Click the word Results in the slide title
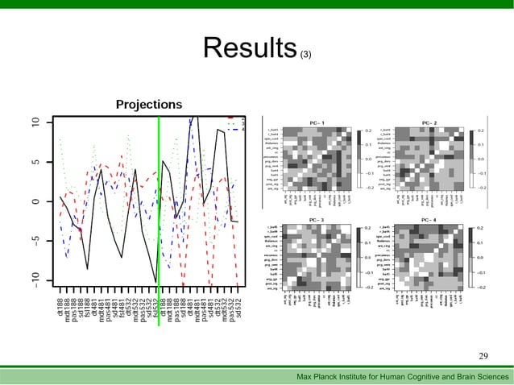tap(250, 48)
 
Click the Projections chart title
tap(148, 105)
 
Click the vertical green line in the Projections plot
tap(159, 217)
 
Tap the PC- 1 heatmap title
tap(317, 122)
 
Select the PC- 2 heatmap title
tap(429, 122)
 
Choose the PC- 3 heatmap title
tap(317, 220)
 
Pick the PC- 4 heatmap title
tap(429, 220)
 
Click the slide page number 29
tap(483, 356)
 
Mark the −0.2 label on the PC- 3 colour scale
tap(370, 287)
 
